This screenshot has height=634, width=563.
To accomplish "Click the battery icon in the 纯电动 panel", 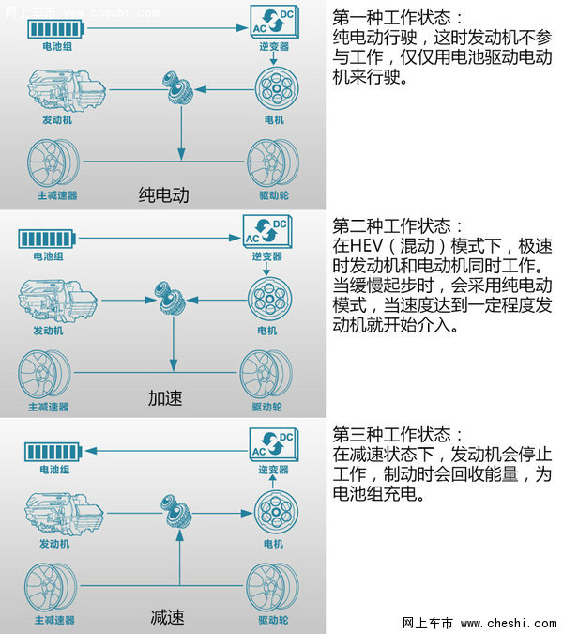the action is click(x=55, y=29).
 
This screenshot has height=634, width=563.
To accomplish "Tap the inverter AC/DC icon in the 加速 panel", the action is click(x=267, y=230).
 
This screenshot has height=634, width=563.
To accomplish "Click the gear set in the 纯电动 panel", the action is click(x=177, y=88).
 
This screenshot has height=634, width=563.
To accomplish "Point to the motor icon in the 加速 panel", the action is click(x=269, y=300).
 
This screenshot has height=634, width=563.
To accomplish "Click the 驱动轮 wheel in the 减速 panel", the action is click(x=273, y=587).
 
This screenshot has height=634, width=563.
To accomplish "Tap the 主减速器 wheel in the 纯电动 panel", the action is click(x=53, y=162).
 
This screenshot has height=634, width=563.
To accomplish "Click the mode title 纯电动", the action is click(x=163, y=194).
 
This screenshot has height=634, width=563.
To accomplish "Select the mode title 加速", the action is click(x=165, y=398).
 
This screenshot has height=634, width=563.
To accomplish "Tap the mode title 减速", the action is click(x=167, y=617).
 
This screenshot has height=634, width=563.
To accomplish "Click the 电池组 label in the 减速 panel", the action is click(x=54, y=470).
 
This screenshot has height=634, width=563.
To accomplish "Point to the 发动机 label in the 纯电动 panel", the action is click(x=57, y=119).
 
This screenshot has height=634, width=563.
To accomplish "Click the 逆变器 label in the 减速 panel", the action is click(x=273, y=470).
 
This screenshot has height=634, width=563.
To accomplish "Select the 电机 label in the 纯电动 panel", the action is click(x=274, y=119).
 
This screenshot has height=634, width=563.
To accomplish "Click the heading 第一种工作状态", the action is click(x=391, y=17).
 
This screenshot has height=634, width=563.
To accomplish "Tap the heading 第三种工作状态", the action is click(x=391, y=435).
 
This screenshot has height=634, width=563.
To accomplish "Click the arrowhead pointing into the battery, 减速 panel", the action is click(x=91, y=451).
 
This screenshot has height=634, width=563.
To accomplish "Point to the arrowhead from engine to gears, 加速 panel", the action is click(x=150, y=300).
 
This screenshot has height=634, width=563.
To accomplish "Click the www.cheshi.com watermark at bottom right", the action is click(x=508, y=624).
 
